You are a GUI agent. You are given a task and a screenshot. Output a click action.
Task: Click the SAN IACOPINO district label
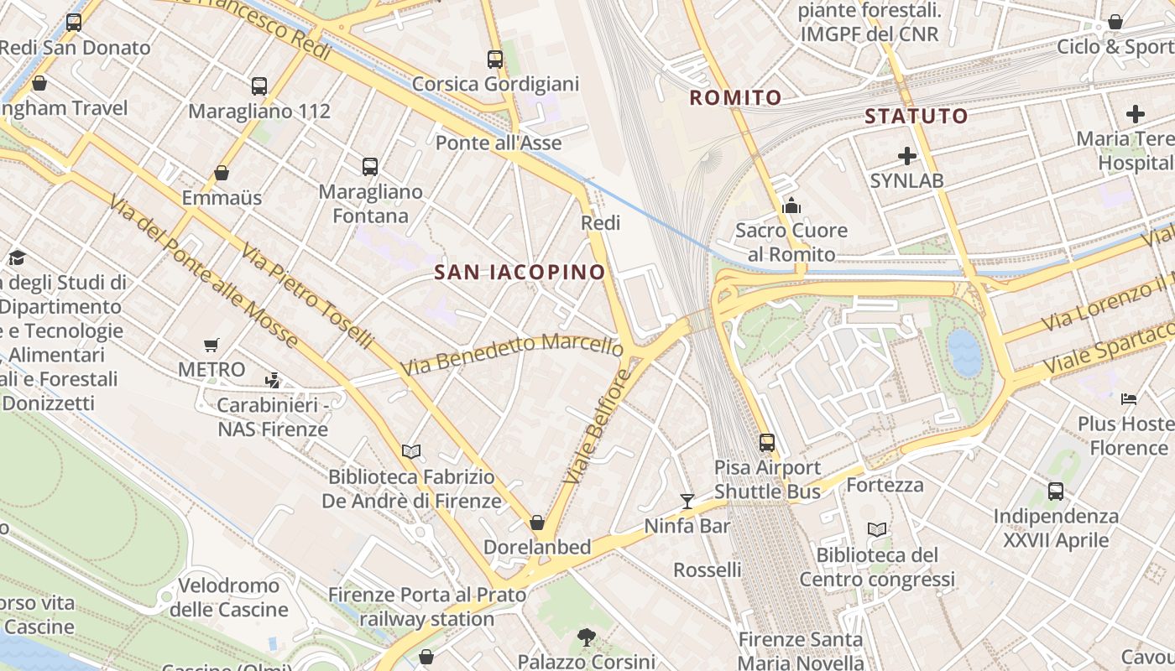(520, 272)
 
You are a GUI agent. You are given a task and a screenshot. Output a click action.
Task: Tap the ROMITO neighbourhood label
(735, 98)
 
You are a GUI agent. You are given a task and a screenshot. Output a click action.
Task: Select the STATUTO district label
(916, 117)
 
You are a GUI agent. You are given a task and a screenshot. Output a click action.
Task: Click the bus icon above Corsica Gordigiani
(495, 60)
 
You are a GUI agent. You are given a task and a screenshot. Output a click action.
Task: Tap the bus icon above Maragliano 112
(259, 86)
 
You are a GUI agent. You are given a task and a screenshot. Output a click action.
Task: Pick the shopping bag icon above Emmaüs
(222, 174)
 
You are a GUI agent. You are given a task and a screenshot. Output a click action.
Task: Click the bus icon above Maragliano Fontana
(370, 166)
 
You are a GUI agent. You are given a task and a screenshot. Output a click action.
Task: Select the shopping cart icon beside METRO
(211, 345)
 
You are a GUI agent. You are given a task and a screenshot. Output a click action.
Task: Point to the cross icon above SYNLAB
(906, 156)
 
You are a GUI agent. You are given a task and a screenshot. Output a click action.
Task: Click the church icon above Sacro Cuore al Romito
(791, 205)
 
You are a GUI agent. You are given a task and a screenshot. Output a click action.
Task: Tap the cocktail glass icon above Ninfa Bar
(687, 502)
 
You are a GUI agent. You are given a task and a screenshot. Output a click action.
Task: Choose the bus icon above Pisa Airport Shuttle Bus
(767, 442)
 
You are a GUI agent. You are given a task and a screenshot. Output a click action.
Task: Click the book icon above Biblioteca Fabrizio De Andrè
(411, 452)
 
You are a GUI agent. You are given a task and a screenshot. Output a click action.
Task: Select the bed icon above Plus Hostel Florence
(1129, 398)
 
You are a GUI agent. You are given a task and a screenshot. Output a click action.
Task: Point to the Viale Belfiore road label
(597, 426)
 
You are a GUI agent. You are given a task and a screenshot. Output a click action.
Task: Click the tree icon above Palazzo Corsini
(586, 637)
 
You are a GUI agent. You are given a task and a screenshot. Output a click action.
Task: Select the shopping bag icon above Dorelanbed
(537, 523)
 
